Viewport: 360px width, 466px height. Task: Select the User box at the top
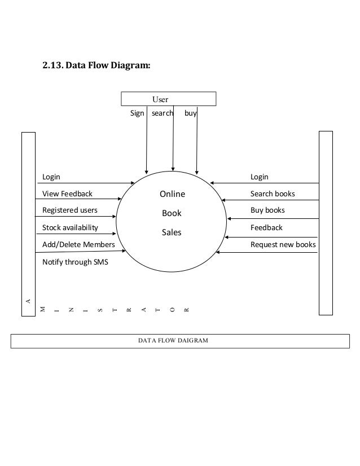tap(169, 99)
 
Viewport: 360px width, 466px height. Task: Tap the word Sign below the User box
tap(137, 113)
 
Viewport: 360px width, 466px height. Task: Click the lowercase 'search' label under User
tap(163, 113)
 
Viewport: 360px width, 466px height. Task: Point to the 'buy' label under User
tap(191, 113)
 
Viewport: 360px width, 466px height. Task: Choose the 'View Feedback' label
tap(67, 194)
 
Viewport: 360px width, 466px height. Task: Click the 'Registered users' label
tap(69, 210)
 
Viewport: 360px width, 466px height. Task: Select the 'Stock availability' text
tap(70, 228)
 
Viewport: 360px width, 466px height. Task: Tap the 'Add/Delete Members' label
tap(78, 245)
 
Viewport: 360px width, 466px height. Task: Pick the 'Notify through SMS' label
tap(76, 262)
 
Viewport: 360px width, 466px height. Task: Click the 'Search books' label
tap(273, 194)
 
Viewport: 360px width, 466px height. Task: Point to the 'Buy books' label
tap(267, 210)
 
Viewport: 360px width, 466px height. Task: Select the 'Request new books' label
tap(283, 245)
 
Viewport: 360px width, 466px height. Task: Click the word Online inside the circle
tap(172, 195)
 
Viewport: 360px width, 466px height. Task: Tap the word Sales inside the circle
tap(172, 232)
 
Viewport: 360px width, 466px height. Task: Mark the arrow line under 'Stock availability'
tap(76, 234)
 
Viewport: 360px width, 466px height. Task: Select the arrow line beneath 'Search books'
tap(271, 200)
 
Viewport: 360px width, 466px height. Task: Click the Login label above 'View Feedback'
tap(51, 177)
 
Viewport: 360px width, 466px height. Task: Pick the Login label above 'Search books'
tap(260, 177)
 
